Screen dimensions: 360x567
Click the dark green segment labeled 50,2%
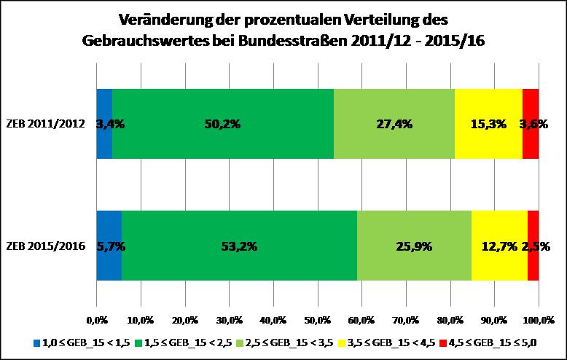click(x=222, y=124)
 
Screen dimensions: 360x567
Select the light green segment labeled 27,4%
click(x=394, y=124)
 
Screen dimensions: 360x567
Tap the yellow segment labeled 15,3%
click(x=488, y=124)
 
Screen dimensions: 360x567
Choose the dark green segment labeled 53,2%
click(x=239, y=246)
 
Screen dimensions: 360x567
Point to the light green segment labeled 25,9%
click(x=414, y=246)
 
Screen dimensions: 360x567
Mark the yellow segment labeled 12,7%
click(x=499, y=246)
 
